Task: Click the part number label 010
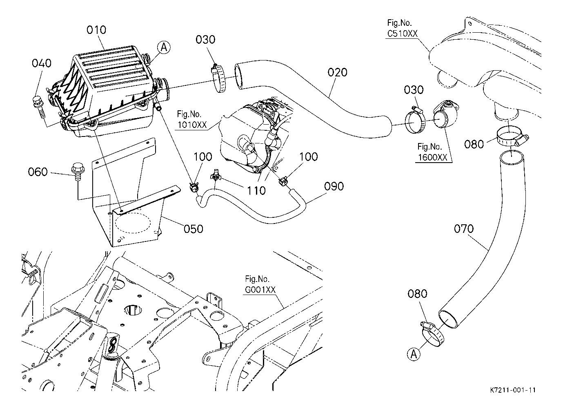click(x=96, y=30)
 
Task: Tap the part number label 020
click(x=337, y=72)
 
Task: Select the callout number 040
click(x=42, y=63)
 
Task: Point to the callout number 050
click(x=193, y=228)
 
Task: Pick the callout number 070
click(x=464, y=229)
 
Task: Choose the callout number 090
click(x=334, y=186)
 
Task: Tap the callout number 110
click(x=257, y=190)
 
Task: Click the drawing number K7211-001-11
click(x=513, y=390)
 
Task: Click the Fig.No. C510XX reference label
click(x=403, y=29)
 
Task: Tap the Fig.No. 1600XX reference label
click(x=433, y=152)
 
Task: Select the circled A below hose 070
click(x=414, y=354)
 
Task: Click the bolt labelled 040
click(x=40, y=106)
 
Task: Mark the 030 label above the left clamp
click(x=205, y=40)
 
